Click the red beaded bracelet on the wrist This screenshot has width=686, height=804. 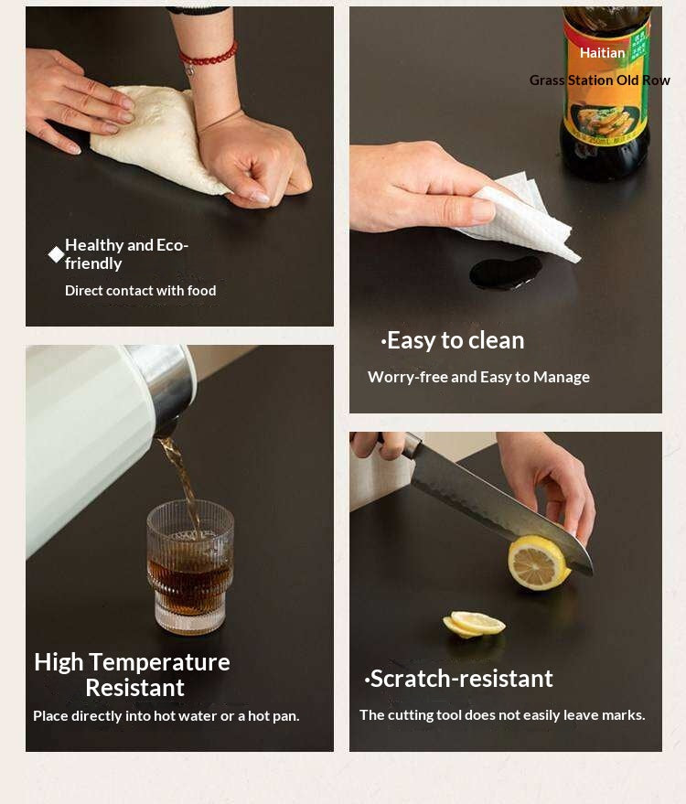tap(209, 57)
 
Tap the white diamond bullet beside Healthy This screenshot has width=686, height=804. tap(56, 254)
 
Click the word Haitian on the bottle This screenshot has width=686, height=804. tap(602, 53)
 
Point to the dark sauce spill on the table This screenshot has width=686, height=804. tap(506, 273)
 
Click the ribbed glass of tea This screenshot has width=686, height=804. tap(190, 566)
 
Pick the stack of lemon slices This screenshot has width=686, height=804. tap(474, 624)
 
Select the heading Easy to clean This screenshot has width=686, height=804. tap(453, 340)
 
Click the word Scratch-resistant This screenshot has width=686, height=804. tap(459, 679)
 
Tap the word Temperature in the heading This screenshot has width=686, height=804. tap(159, 662)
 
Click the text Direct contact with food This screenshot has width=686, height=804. tap(141, 291)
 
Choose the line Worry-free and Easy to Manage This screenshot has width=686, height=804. tap(479, 378)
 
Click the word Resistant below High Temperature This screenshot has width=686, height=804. tap(134, 688)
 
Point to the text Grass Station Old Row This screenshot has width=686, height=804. tap(599, 80)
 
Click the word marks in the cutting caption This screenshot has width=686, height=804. tap(628, 714)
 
